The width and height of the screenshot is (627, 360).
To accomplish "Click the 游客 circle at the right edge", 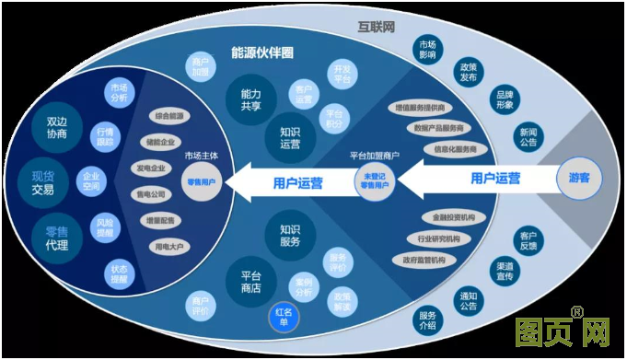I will [579, 178].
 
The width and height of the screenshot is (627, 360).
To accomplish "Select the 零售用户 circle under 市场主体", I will [201, 181].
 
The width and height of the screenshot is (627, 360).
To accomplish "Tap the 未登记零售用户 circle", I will [374, 181].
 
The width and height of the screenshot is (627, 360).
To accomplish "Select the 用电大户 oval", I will [170, 247].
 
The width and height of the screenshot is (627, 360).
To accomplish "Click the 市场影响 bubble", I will [426, 49].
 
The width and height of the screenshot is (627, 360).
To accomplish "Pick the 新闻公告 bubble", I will [528, 136].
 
